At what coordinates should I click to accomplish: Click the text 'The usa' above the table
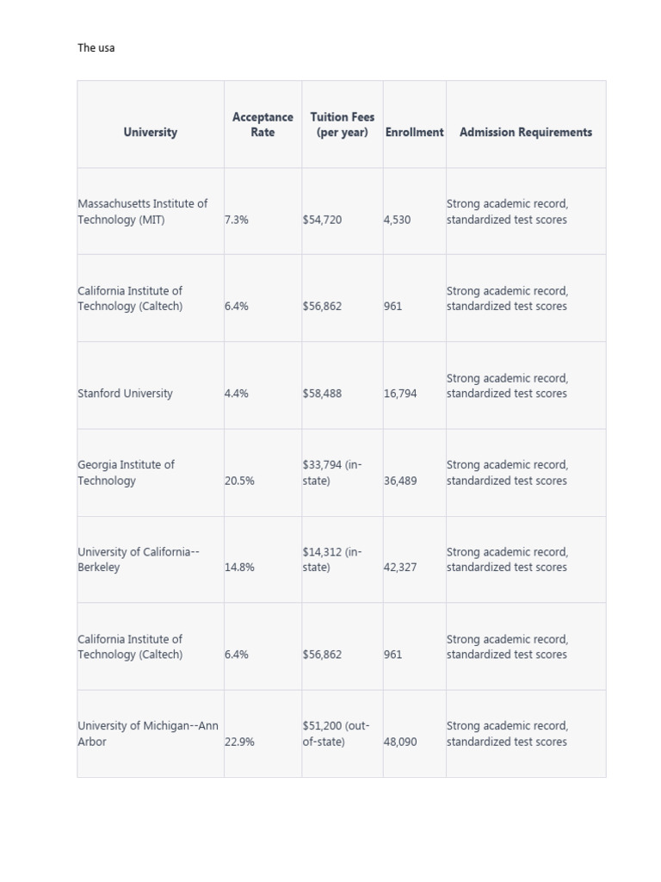pyautogui.click(x=96, y=48)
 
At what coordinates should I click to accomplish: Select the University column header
pyautogui.click(x=150, y=133)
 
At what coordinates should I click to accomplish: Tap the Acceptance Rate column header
pyautogui.click(x=263, y=125)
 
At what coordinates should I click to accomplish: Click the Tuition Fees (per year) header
pyautogui.click(x=343, y=125)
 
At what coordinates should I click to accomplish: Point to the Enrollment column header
pyautogui.click(x=414, y=133)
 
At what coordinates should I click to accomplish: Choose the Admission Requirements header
pyautogui.click(x=526, y=133)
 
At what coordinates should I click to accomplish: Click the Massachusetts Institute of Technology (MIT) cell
pyautogui.click(x=142, y=212)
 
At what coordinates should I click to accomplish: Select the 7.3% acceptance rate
pyautogui.click(x=237, y=220)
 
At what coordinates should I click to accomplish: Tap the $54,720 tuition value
pyautogui.click(x=322, y=220)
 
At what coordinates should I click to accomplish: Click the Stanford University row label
pyautogui.click(x=125, y=394)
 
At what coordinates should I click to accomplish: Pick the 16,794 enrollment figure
pyautogui.click(x=400, y=394)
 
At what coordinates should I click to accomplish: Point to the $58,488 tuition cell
pyautogui.click(x=322, y=394)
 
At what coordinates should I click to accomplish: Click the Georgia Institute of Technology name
pyautogui.click(x=126, y=473)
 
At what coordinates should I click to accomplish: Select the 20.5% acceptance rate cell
pyautogui.click(x=239, y=481)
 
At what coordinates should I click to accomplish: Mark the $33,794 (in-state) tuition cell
pyautogui.click(x=332, y=473)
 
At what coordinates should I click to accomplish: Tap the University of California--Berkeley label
pyautogui.click(x=139, y=560)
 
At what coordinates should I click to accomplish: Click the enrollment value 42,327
pyautogui.click(x=400, y=568)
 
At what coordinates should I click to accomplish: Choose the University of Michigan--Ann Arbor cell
pyautogui.click(x=147, y=734)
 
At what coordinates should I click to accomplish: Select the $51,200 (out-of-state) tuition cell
pyautogui.click(x=336, y=734)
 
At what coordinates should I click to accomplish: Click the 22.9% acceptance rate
pyautogui.click(x=239, y=742)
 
